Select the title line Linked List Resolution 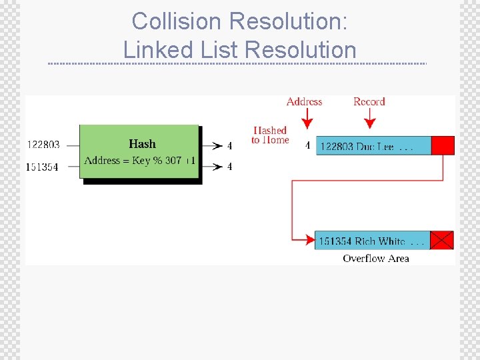click(240, 49)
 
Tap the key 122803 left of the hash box click(43, 145)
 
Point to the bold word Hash click(142, 144)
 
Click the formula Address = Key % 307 click(133, 161)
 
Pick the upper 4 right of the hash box click(230, 145)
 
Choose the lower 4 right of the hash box click(230, 167)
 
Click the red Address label click(304, 101)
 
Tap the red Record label click(369, 101)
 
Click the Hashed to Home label click(270, 135)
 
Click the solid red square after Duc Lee click(443, 145)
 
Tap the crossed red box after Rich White click(441, 240)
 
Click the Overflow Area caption click(376, 258)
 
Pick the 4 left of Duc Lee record click(307, 145)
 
